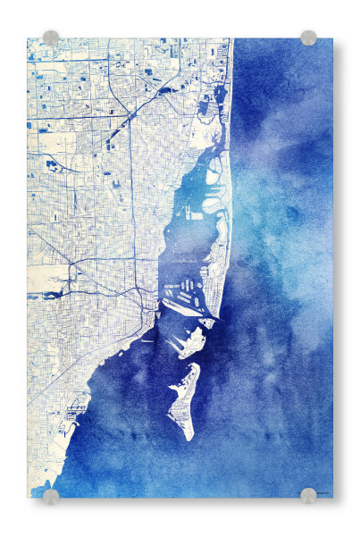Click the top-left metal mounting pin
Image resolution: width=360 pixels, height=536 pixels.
click(x=51, y=38)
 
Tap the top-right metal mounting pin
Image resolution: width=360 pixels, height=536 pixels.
click(x=308, y=38)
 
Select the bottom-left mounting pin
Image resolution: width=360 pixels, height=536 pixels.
click(x=51, y=496)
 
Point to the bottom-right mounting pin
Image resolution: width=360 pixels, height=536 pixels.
click(x=308, y=496)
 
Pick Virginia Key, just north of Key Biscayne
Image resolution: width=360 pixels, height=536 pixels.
click(x=189, y=342)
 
